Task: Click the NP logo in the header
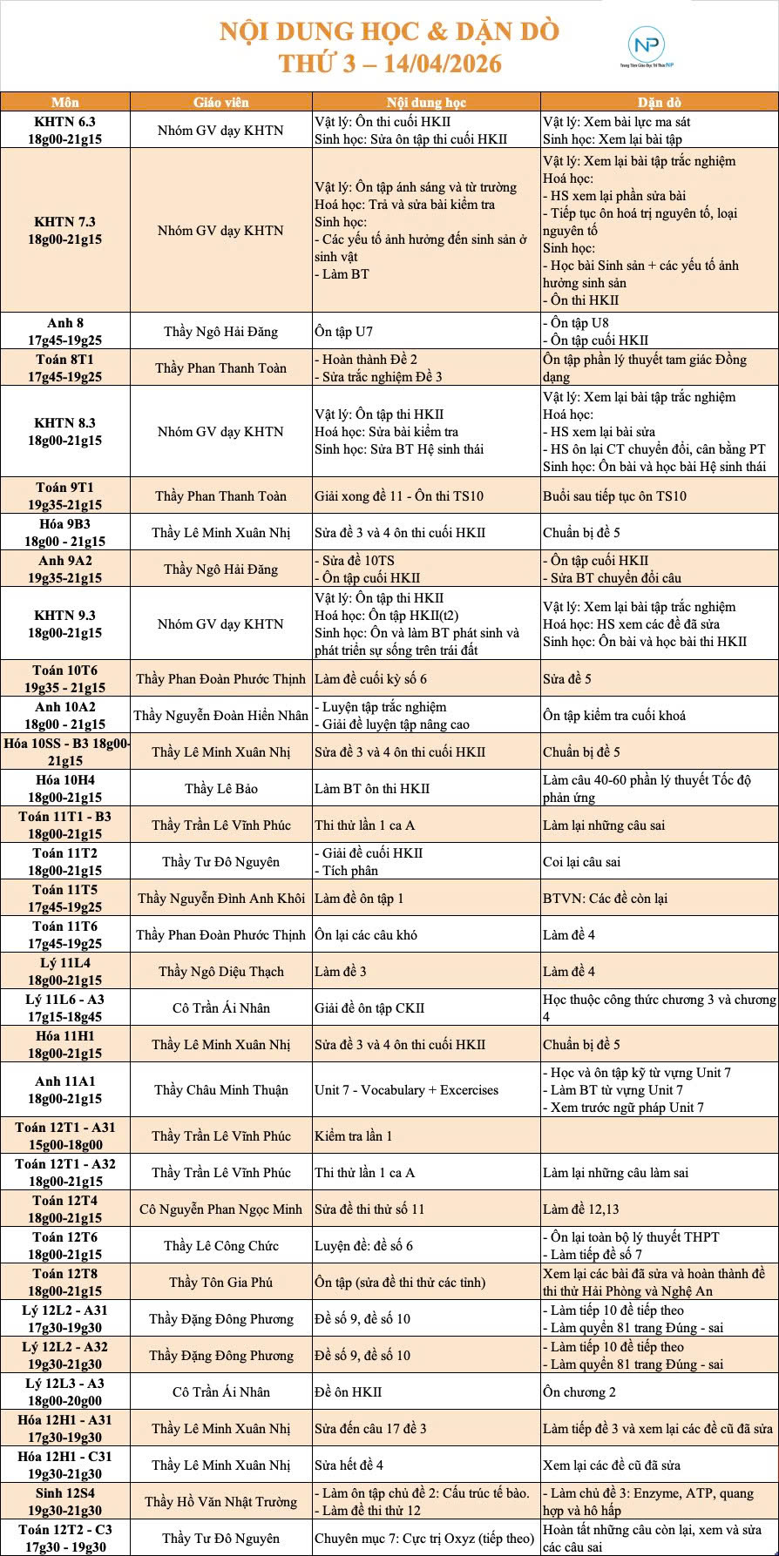[x=647, y=45]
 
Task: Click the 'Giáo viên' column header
[x=221, y=102]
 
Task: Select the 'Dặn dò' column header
[x=659, y=102]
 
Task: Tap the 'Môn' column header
[x=65, y=102]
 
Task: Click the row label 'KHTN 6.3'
[x=65, y=130]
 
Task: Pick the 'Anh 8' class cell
[x=65, y=331]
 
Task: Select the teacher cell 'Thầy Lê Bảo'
[x=221, y=788]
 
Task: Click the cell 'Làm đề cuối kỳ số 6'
[x=371, y=678]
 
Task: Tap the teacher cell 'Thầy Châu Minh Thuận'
[x=221, y=1089]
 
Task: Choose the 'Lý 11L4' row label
[x=65, y=971]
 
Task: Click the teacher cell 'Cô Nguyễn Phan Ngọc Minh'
[x=221, y=1209]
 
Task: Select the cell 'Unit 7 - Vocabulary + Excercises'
[x=407, y=1089]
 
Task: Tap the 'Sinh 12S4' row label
[x=65, y=1501]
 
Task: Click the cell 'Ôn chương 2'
[x=579, y=1391]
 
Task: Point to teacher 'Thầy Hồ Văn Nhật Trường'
[x=221, y=1501]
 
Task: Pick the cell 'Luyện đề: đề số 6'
[x=364, y=1245]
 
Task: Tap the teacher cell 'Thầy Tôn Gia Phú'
[x=221, y=1282]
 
